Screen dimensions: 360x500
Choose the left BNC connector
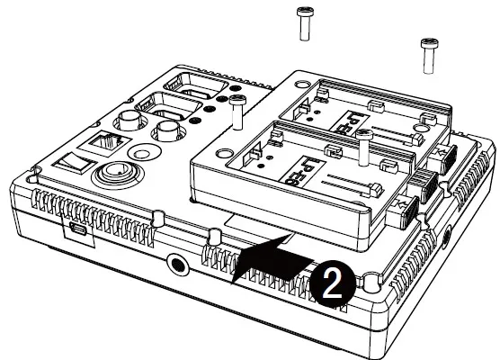point(127,121)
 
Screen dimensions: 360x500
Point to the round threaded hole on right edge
point(448,236)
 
